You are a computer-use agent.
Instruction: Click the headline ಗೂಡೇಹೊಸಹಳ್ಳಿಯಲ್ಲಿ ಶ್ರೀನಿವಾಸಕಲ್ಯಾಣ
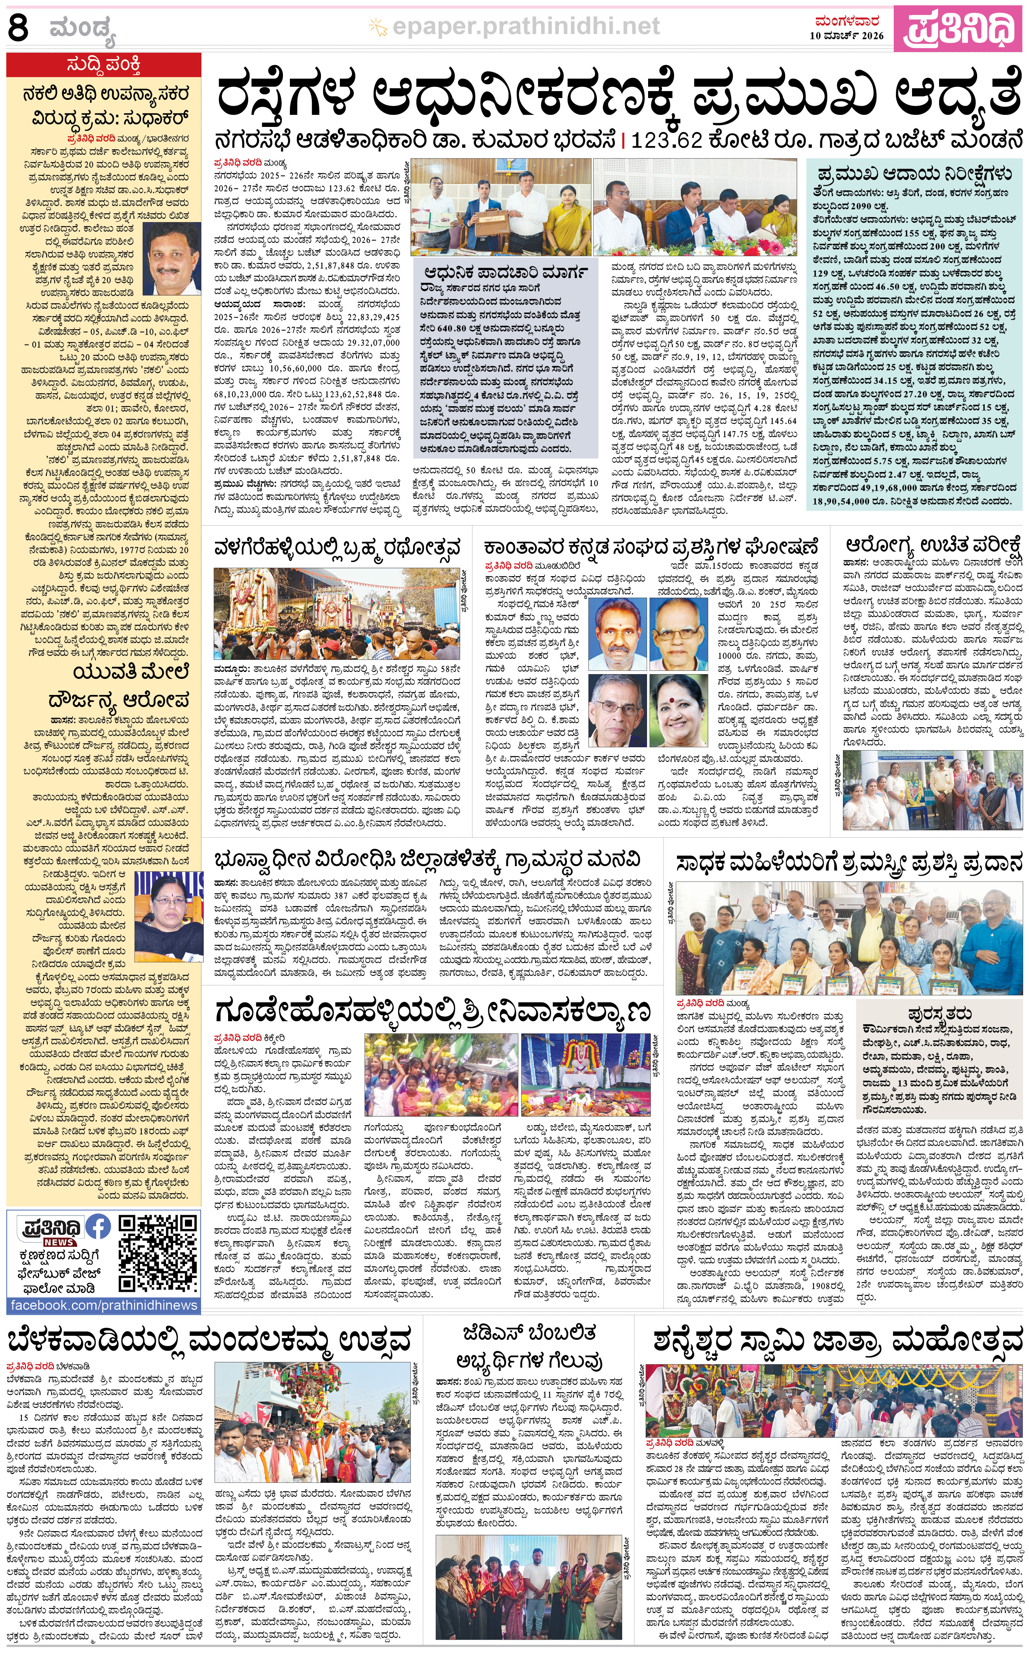point(432,1011)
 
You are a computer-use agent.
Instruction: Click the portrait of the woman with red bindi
point(678,711)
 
